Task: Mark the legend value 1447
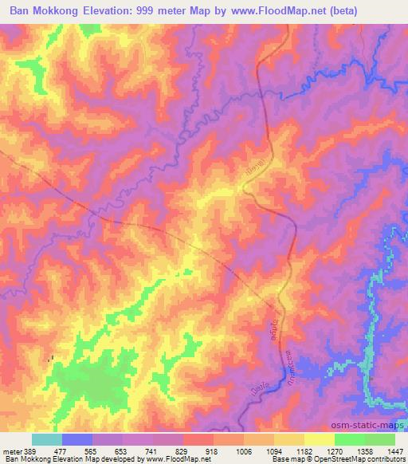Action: (x=392, y=450)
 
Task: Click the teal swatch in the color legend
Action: (x=47, y=439)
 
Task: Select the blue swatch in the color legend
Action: (x=77, y=439)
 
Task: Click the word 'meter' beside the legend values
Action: (x=12, y=450)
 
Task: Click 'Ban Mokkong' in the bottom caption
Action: (x=22, y=460)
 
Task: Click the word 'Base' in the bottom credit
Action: (x=280, y=460)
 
